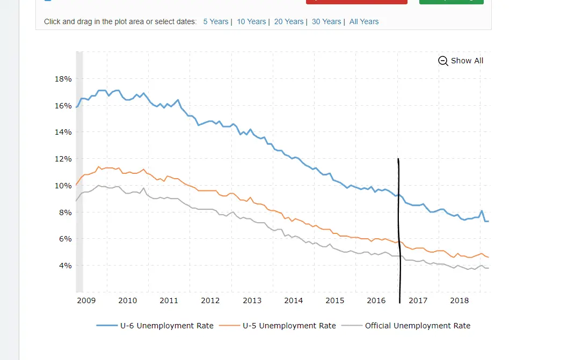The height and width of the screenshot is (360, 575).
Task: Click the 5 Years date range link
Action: [x=215, y=21]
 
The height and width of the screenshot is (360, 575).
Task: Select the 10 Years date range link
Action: [x=251, y=21]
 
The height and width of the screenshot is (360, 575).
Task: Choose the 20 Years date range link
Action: [x=289, y=21]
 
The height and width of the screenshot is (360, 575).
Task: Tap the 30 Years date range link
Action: [x=326, y=21]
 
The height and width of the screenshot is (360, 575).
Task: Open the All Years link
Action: [x=364, y=21]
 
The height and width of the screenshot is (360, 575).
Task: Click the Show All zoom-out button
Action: [x=461, y=61]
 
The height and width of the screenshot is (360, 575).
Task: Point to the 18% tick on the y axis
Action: [x=63, y=79]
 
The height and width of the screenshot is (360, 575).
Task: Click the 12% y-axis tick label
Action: [x=63, y=159]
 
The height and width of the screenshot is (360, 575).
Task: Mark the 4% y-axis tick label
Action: [x=65, y=266]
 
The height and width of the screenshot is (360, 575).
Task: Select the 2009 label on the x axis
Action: [x=86, y=300]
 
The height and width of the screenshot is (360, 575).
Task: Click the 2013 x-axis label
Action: [x=252, y=300]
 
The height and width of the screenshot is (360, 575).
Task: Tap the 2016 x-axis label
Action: [x=376, y=300]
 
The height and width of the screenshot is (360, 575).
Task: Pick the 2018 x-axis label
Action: [x=460, y=300]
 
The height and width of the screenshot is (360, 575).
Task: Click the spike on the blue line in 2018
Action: [x=482, y=211]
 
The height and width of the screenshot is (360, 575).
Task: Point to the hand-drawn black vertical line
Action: [x=399, y=231]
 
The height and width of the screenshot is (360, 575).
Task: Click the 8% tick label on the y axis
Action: [x=65, y=212]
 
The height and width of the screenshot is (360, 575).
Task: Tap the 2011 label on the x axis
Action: [x=169, y=300]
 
